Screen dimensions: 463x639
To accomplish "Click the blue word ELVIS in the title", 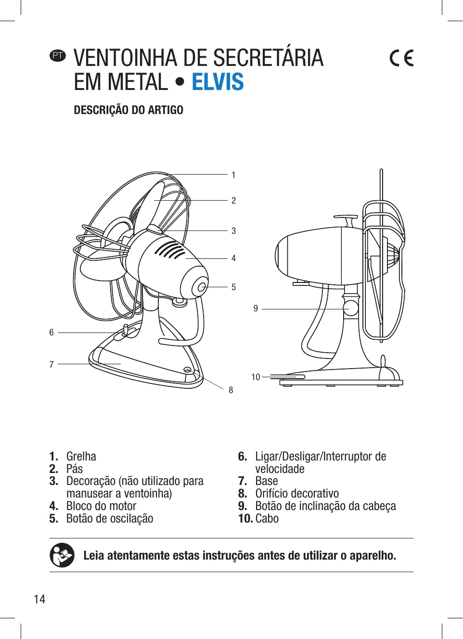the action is (x=218, y=82).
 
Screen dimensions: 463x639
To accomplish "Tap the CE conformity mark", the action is (x=401, y=58).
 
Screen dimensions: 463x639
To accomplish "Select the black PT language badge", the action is (x=58, y=55).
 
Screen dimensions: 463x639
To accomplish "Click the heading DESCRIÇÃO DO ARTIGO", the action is (x=129, y=110).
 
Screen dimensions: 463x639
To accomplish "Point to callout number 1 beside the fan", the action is (x=233, y=175).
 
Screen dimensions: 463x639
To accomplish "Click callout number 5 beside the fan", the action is (x=233, y=287).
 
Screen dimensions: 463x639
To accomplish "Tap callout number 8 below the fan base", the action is (x=231, y=390).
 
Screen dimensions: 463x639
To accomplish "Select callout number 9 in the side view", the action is (x=256, y=308).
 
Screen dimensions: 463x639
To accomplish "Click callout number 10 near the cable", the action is (x=256, y=377).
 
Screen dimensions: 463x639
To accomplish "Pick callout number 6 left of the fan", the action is (x=51, y=332).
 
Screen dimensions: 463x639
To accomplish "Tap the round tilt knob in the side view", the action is (x=351, y=308).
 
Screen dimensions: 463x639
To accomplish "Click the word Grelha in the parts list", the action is (x=81, y=456).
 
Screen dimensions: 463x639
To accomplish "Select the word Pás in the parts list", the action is (x=75, y=469).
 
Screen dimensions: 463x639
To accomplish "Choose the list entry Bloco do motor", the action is (x=101, y=506).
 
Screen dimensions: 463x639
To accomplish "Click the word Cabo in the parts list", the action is (x=267, y=519).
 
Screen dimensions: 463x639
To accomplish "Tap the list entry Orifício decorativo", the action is (x=297, y=494).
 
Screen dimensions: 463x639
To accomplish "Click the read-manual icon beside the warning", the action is (x=62, y=555).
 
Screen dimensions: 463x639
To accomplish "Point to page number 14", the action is (x=39, y=599).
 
